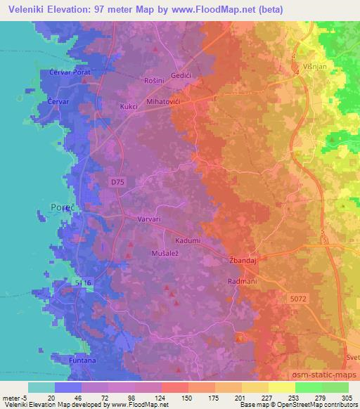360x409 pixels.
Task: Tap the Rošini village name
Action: tap(153, 80)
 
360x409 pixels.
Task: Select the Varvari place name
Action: tap(150, 219)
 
